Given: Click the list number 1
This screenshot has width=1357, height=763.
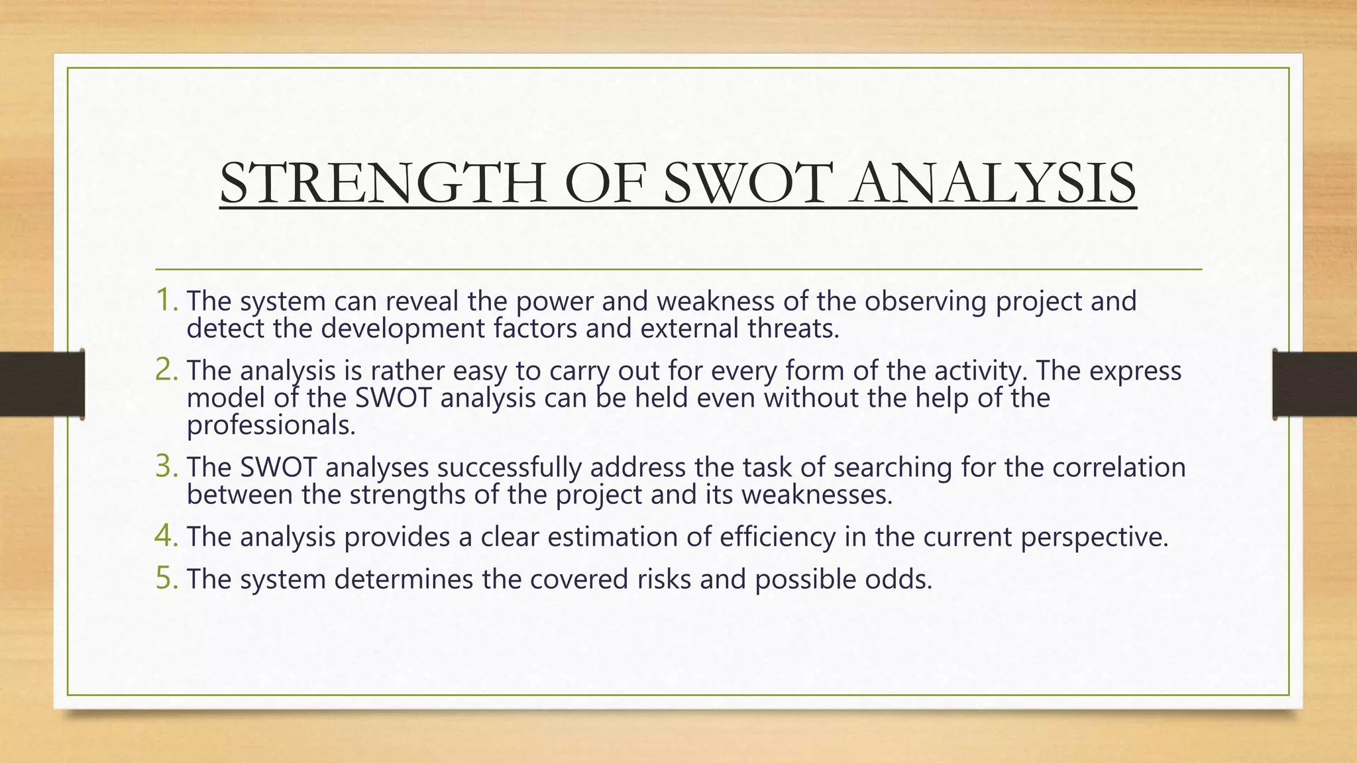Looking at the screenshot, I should pyautogui.click(x=166, y=300).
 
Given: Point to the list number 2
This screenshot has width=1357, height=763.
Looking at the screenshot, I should pyautogui.click(x=166, y=370).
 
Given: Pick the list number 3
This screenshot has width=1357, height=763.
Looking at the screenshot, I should pyautogui.click(x=166, y=466).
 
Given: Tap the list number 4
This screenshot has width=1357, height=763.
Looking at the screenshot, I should pyautogui.click(x=166, y=536).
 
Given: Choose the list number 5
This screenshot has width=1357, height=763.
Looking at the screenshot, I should pyautogui.click(x=166, y=578).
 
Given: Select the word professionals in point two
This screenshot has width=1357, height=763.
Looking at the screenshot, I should pyautogui.click(x=270, y=425).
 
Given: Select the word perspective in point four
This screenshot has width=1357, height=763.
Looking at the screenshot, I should pyautogui.click(x=1094, y=537).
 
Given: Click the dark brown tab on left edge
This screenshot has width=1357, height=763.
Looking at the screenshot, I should pyautogui.click(x=41, y=384).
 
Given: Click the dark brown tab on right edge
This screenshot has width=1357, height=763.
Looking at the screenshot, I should pyautogui.click(x=1315, y=384).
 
